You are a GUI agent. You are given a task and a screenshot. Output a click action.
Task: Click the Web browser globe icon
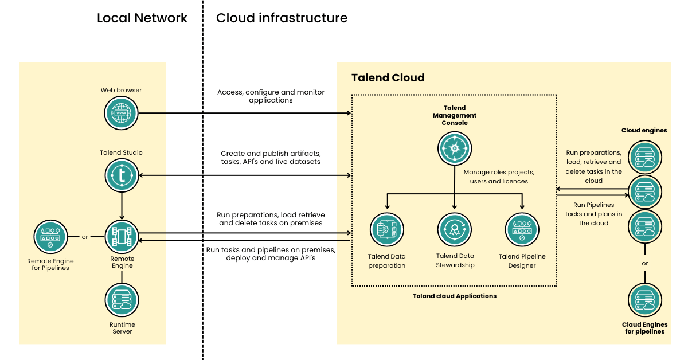click(122, 113)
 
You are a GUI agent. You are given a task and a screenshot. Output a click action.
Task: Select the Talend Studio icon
click(122, 175)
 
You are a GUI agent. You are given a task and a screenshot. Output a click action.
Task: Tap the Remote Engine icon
click(122, 236)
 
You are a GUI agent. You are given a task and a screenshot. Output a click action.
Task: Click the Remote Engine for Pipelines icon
click(50, 237)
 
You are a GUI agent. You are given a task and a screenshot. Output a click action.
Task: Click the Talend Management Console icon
click(455, 148)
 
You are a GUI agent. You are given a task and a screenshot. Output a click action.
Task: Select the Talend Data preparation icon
click(387, 229)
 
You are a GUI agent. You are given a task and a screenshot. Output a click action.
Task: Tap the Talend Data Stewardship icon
click(455, 229)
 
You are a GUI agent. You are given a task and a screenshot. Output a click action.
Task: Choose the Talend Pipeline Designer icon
click(522, 229)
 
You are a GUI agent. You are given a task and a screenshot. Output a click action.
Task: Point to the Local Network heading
click(142, 18)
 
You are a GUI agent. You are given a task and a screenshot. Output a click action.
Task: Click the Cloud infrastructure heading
click(282, 18)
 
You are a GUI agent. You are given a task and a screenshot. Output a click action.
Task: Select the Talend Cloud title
click(388, 77)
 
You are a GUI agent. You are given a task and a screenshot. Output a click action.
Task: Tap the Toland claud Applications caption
click(455, 296)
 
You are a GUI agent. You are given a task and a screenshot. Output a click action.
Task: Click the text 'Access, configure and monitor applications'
click(271, 96)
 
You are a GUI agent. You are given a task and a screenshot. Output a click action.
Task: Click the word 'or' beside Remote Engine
click(85, 237)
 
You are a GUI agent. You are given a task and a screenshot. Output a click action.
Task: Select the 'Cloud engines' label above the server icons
click(644, 130)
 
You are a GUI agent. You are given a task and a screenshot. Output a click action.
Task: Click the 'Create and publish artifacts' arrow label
click(271, 158)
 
